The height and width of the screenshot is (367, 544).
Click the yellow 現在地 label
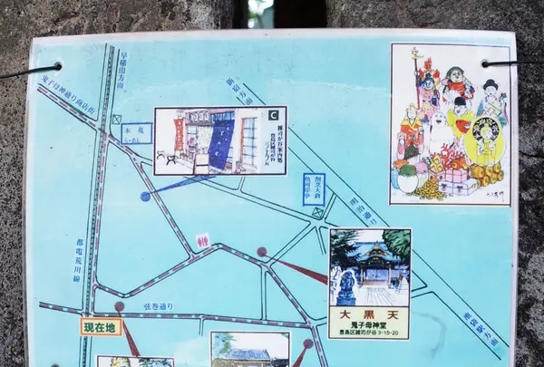(x=101, y=327)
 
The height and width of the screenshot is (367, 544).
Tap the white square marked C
(x=274, y=115)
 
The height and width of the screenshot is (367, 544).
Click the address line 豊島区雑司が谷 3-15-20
(x=368, y=333)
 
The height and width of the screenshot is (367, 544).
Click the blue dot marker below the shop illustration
(x=145, y=196)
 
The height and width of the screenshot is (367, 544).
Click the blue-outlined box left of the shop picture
(x=136, y=133)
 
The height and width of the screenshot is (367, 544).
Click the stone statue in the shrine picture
(x=345, y=287)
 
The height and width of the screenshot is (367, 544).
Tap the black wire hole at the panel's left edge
(x=57, y=66)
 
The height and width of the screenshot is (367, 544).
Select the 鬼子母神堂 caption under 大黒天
(x=368, y=324)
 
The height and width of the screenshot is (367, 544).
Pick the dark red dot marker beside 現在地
(x=119, y=306)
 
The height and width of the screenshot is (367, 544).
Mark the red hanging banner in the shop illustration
(x=179, y=135)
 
